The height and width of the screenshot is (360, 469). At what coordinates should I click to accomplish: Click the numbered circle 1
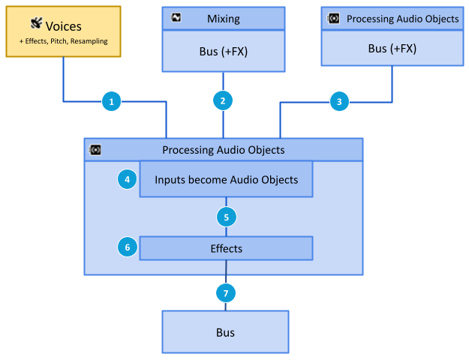[111, 100]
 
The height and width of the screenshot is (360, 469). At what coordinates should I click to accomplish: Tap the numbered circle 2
[223, 100]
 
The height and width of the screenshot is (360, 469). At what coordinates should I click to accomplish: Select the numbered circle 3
[339, 100]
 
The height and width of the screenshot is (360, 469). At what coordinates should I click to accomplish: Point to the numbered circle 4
[128, 179]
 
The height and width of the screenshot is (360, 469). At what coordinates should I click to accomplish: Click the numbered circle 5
[226, 217]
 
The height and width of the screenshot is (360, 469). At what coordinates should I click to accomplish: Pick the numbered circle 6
[128, 246]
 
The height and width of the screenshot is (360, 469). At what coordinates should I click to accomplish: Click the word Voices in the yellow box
[64, 26]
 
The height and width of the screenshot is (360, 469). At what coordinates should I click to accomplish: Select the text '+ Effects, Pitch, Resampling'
[64, 41]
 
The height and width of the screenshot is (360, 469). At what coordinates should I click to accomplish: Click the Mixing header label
[224, 18]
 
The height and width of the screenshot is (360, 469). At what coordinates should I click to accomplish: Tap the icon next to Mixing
[176, 18]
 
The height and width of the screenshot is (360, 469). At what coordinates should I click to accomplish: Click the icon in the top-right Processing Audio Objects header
[334, 18]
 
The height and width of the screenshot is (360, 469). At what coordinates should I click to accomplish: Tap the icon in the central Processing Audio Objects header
[95, 149]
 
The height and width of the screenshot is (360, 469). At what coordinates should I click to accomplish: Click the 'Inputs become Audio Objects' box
[226, 180]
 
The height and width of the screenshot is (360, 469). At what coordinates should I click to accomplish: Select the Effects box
[226, 247]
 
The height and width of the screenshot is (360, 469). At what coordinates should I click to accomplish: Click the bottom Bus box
[225, 331]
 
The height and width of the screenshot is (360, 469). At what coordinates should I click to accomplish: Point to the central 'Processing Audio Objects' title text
[224, 149]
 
